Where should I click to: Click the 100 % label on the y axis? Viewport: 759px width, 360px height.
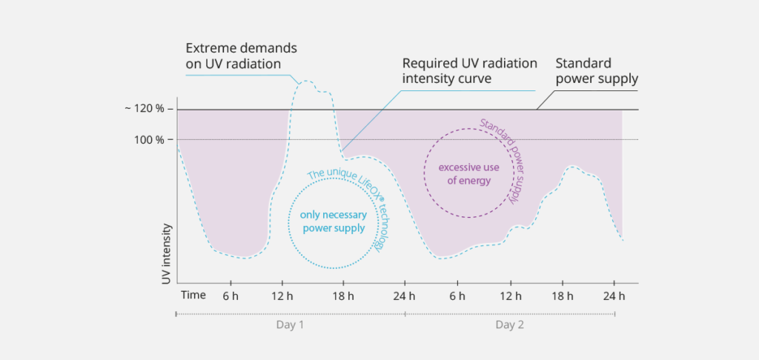152,139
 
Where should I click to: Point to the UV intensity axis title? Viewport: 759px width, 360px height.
167,254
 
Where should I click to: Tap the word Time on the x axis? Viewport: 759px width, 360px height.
193,295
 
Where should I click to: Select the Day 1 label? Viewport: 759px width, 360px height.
289,325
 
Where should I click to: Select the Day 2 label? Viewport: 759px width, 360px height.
510,325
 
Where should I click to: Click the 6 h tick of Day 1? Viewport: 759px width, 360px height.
230,296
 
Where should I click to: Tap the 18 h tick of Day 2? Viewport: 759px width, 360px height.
563,296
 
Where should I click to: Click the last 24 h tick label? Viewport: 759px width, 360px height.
615,296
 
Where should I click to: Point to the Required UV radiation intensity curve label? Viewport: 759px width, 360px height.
469,71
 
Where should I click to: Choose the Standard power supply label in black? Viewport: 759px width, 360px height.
598,71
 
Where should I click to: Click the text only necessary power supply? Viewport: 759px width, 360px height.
333,221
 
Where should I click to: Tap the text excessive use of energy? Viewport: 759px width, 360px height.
468,173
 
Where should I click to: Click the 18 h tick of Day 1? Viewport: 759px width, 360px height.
343,296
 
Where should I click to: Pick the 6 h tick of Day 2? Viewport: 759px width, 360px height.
457,296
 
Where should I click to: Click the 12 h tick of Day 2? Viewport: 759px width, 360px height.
510,296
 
